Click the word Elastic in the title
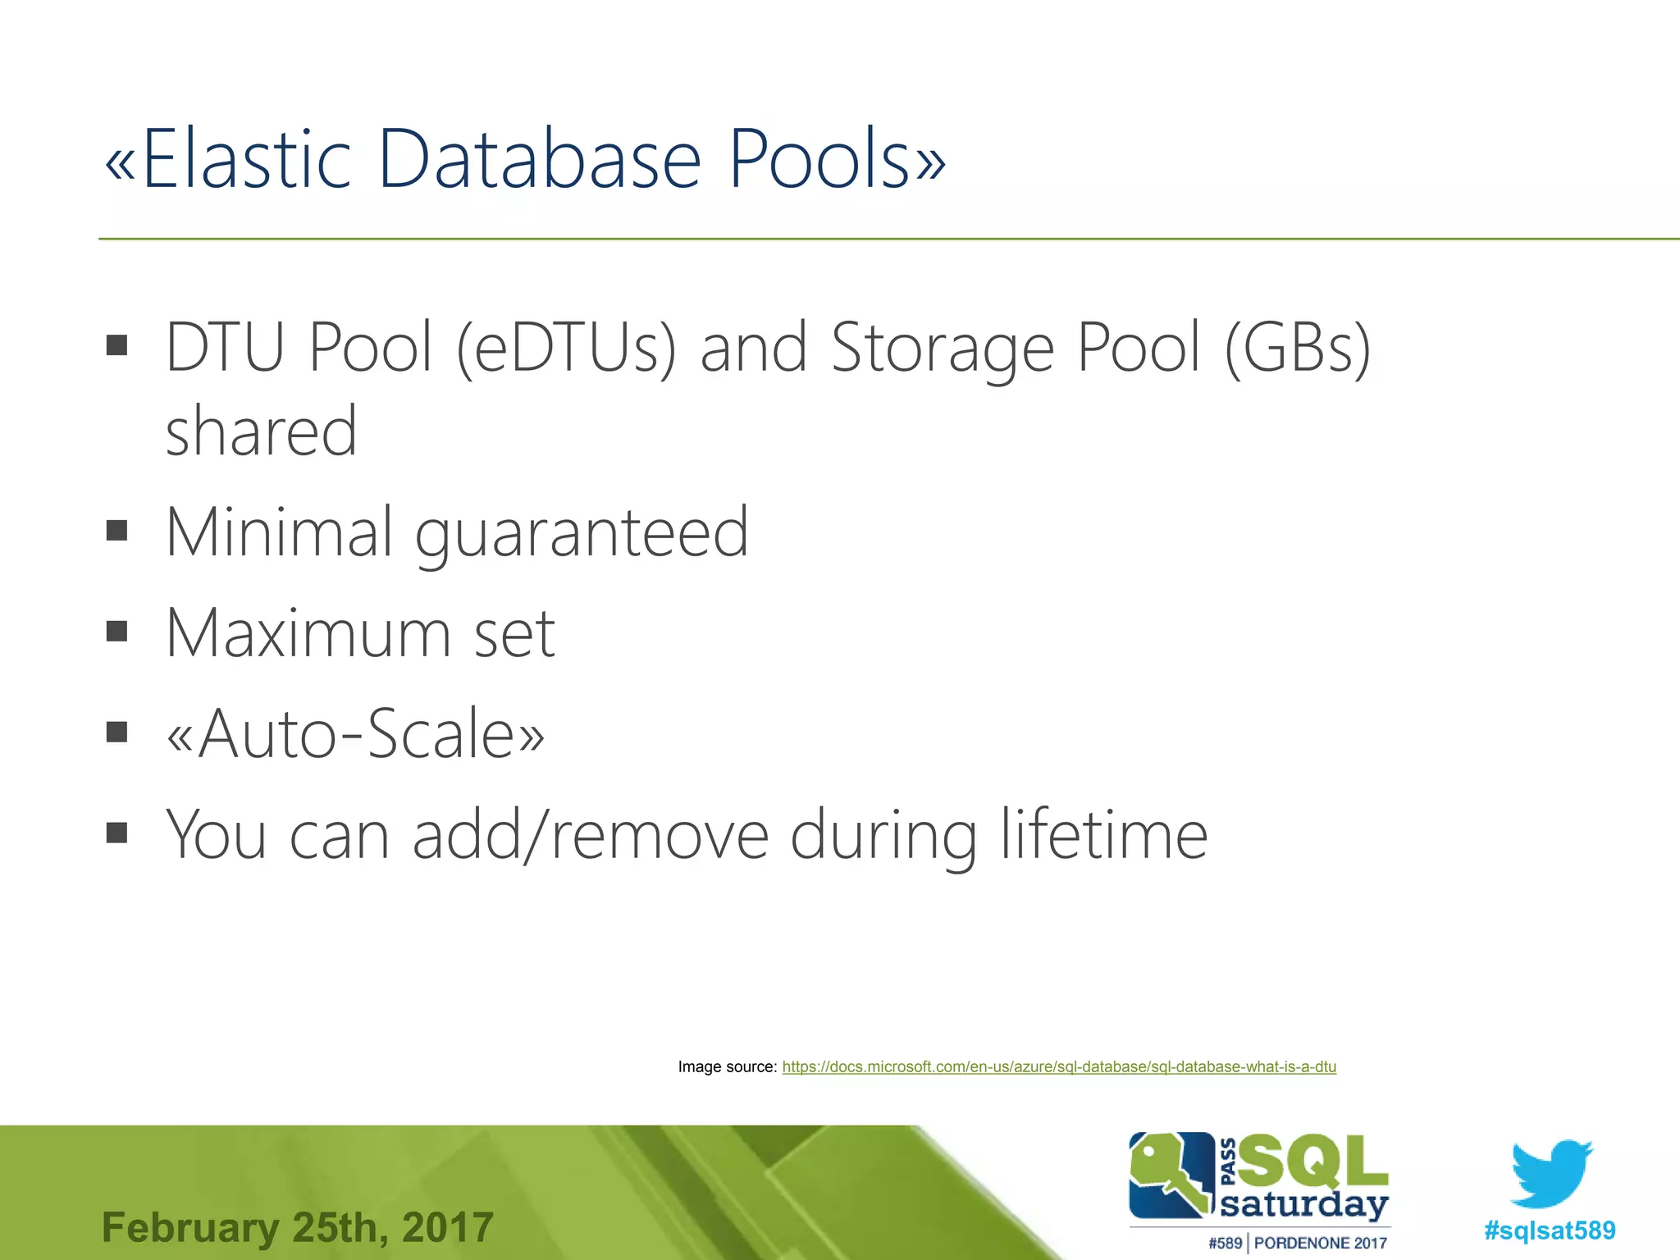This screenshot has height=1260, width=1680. point(246,159)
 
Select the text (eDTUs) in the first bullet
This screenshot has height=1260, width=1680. point(566,348)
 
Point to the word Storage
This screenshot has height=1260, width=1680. point(943,349)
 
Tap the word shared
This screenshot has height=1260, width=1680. point(261,431)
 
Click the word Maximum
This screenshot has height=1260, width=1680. point(308,633)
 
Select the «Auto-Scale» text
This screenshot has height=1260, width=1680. point(355,733)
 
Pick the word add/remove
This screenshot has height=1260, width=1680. point(590,835)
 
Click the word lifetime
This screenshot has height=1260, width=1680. point(1104,835)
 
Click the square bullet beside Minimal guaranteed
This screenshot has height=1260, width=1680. point(117,531)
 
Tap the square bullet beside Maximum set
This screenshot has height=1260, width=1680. point(117,631)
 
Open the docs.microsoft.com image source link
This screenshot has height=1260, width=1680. point(1059,1067)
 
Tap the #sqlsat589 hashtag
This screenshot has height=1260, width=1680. point(1550,1230)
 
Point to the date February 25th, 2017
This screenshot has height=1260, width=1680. point(297,1228)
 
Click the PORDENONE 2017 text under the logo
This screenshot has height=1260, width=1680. point(1320,1244)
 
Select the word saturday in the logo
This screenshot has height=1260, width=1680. point(1304,1204)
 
